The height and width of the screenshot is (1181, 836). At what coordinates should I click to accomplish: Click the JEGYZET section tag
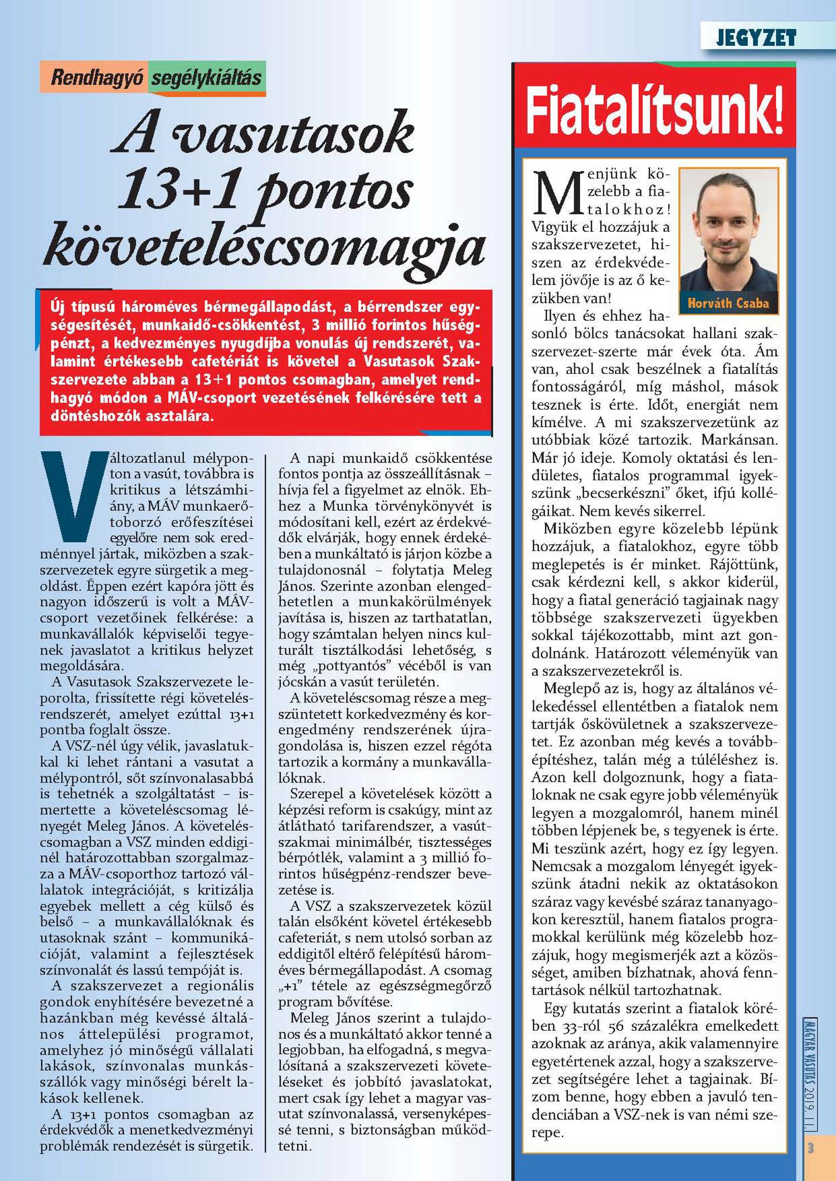click(x=756, y=38)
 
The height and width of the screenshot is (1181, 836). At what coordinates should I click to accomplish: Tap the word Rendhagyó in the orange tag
click(x=97, y=78)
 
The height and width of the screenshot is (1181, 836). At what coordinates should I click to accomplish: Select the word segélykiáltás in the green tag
click(x=206, y=78)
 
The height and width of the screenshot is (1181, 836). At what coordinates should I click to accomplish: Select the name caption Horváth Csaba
click(x=728, y=304)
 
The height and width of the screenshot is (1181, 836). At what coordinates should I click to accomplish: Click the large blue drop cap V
click(x=72, y=495)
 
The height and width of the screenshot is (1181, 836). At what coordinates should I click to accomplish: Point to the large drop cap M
click(x=558, y=193)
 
